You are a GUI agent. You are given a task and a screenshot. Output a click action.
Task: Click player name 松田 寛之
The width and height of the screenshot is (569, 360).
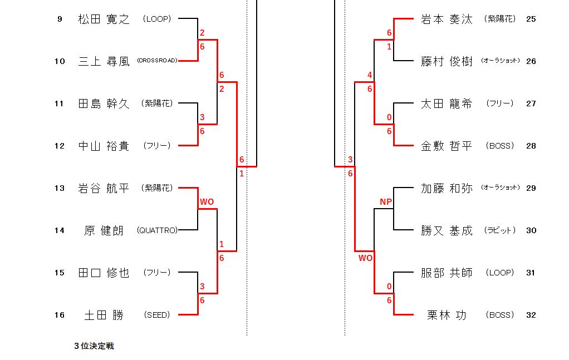(104, 19)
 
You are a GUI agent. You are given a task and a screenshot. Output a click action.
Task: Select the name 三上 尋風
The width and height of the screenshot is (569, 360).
(104, 61)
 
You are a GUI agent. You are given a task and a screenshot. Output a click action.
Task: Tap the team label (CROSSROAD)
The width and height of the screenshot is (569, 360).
(157, 61)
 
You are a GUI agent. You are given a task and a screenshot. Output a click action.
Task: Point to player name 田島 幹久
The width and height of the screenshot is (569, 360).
(104, 103)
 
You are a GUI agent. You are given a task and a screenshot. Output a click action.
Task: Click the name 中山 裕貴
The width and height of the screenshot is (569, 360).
(104, 146)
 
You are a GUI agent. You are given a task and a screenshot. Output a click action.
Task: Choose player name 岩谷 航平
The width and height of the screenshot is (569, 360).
(104, 188)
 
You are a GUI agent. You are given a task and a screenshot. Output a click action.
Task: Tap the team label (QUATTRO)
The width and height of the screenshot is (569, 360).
(157, 230)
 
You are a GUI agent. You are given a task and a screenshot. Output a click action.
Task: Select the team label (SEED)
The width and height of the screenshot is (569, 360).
(157, 315)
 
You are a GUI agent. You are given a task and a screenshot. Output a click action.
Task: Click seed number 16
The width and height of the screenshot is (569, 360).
(60, 315)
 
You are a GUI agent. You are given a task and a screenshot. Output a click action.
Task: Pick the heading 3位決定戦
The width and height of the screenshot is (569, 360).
(94, 346)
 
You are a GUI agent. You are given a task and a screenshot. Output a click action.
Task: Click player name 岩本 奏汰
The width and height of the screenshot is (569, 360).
(447, 19)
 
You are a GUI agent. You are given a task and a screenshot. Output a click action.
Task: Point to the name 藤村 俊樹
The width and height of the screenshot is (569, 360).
(447, 61)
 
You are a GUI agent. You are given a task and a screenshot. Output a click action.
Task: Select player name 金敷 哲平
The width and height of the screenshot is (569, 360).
(447, 146)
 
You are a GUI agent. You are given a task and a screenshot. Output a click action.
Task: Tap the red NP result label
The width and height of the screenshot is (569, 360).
(386, 201)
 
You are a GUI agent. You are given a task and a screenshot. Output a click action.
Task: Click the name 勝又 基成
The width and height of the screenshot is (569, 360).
(447, 230)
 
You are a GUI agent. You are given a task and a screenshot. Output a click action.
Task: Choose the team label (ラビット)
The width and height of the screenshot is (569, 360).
(500, 230)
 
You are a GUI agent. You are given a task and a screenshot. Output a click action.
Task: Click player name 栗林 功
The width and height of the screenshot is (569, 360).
(447, 315)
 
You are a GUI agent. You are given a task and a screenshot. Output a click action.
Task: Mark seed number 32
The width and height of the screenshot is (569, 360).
(531, 315)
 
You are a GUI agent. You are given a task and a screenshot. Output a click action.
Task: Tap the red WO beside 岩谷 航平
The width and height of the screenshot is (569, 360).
(207, 201)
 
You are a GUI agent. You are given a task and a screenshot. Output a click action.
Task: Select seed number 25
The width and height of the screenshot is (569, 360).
(531, 19)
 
